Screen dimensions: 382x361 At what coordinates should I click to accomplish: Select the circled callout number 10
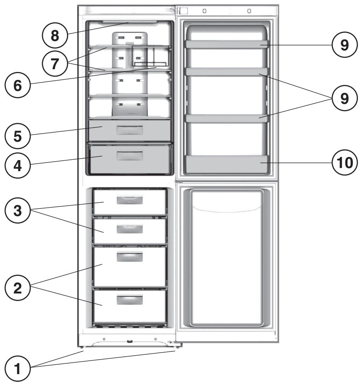coord(344,161)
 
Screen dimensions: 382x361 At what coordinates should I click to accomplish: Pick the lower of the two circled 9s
coord(344,98)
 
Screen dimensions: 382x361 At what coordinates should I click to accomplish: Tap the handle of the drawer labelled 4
coord(130,155)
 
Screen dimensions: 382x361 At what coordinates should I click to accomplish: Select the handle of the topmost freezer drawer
coord(130,200)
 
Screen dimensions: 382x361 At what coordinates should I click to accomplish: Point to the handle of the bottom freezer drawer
coord(130,301)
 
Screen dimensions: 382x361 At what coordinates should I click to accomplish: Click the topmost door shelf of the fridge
coord(228,45)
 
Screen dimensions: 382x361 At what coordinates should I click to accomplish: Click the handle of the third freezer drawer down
coord(130,257)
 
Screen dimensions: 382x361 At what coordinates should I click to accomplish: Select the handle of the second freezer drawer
coord(130,229)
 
